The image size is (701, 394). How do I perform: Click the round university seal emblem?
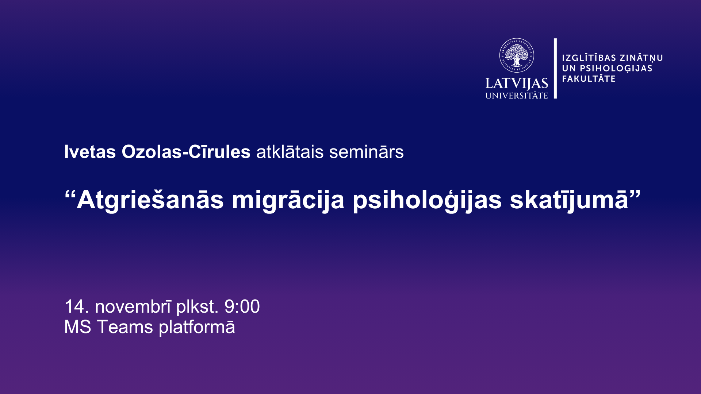pyautogui.click(x=517, y=55)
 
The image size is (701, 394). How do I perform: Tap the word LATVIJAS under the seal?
pyautogui.click(x=517, y=84)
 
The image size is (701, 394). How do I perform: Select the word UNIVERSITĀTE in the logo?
pyautogui.click(x=517, y=96)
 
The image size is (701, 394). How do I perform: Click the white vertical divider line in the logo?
pyautogui.click(x=555, y=68)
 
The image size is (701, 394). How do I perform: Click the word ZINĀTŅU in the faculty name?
pyautogui.click(x=641, y=58)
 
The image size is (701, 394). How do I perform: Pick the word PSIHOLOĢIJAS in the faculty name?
pyautogui.click(x=616, y=69)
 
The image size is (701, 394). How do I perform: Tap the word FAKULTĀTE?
pyautogui.click(x=589, y=78)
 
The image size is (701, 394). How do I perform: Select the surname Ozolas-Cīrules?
pyautogui.click(x=186, y=151)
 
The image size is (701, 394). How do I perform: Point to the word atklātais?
pyautogui.click(x=290, y=151)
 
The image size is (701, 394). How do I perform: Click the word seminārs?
pyautogui.click(x=366, y=152)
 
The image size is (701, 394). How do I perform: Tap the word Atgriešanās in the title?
pyautogui.click(x=150, y=200)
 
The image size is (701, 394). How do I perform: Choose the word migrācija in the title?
pyautogui.click(x=288, y=200)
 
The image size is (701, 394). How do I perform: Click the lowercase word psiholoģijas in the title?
pyautogui.click(x=427, y=200)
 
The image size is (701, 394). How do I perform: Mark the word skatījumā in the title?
pyautogui.click(x=569, y=200)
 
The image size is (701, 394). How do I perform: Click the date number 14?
pyautogui.click(x=77, y=306)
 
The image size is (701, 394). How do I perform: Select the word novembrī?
pyautogui.click(x=133, y=306)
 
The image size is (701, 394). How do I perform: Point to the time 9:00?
pyautogui.click(x=242, y=306)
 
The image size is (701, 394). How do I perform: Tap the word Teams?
pyautogui.click(x=125, y=327)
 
